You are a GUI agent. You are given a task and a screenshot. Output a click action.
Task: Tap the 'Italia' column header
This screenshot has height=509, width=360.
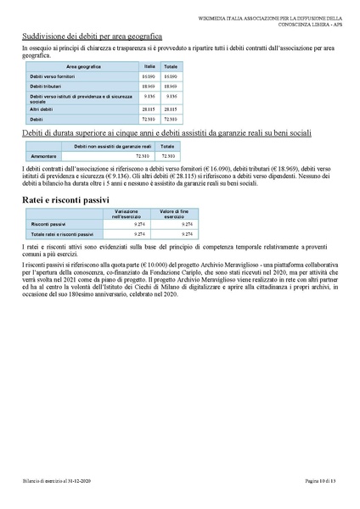point(149,65)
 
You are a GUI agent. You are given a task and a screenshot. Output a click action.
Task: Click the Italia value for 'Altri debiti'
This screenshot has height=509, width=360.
point(149,109)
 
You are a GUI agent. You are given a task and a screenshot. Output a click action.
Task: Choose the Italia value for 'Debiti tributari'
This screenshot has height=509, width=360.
point(149,87)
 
